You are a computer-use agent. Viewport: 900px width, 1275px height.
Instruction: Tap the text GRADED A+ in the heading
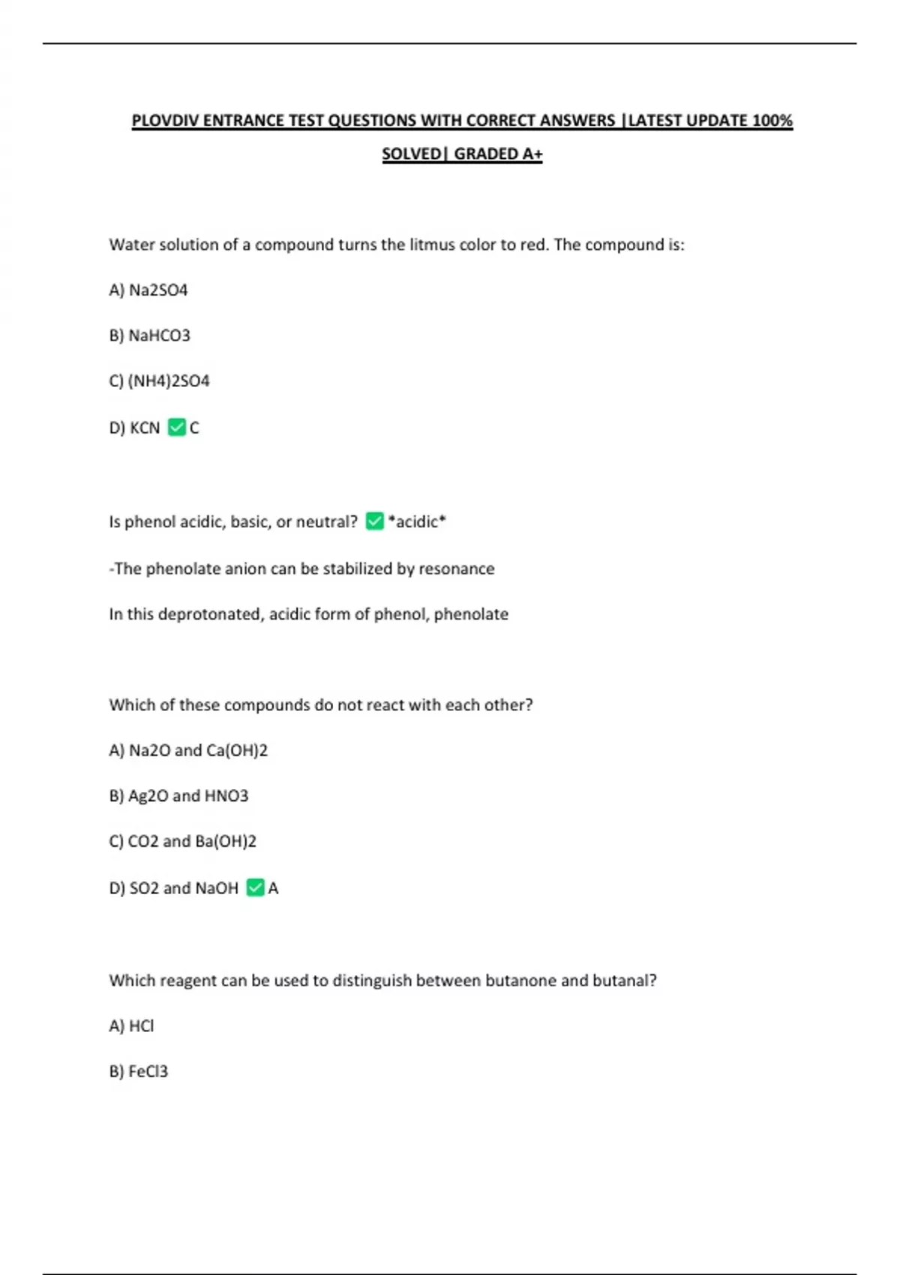[498, 154]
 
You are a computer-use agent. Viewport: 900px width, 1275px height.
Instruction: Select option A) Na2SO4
[148, 290]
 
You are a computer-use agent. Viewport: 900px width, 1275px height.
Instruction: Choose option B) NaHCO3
[149, 335]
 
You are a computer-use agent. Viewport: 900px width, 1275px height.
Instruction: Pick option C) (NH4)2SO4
[159, 381]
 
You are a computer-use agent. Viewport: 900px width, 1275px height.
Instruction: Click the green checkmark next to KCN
[177, 427]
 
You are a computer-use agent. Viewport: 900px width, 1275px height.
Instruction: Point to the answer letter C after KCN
[194, 428]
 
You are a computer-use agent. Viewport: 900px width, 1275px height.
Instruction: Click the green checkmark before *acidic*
[374, 521]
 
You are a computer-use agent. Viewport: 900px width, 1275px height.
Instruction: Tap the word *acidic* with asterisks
[417, 522]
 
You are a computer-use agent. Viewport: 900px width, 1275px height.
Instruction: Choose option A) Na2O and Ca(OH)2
[188, 750]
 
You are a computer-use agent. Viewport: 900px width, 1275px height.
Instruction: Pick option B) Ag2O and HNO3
[178, 796]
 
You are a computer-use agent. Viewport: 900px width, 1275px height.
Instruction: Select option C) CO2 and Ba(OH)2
[182, 841]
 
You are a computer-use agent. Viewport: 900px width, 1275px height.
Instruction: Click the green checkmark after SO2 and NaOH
[255, 888]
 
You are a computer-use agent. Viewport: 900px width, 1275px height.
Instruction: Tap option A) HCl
[131, 1026]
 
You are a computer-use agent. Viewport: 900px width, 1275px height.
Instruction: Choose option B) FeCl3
[138, 1072]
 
